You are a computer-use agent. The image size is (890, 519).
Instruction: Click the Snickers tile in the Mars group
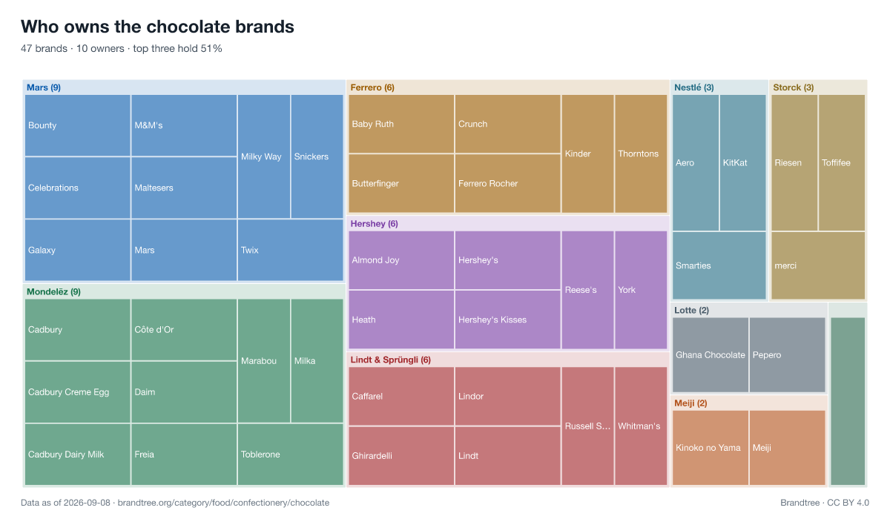[317, 156]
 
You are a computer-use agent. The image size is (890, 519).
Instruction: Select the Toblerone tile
[291, 454]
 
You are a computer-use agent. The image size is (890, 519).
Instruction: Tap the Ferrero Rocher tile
[507, 183]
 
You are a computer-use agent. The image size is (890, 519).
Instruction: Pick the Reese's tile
[587, 290]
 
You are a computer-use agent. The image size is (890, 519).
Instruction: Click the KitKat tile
[742, 163]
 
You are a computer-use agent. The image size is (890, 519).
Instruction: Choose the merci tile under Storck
[818, 265]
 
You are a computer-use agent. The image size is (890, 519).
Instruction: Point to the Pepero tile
[788, 355]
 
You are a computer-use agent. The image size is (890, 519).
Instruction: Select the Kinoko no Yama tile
[711, 448]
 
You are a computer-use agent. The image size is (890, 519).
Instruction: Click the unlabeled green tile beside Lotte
[848, 401]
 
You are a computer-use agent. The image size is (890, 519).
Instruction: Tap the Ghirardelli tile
[401, 456]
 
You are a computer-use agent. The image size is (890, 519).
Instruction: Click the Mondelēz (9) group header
[53, 292]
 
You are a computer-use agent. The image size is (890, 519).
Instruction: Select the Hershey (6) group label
[375, 224]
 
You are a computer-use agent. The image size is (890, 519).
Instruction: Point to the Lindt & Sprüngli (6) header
[391, 360]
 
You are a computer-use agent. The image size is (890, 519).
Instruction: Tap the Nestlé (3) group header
[694, 87]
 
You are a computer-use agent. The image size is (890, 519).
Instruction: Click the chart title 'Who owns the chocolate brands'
[157, 27]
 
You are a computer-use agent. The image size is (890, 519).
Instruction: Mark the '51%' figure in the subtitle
[211, 48]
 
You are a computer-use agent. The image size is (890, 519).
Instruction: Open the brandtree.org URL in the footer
[223, 503]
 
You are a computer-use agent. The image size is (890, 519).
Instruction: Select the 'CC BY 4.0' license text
[848, 503]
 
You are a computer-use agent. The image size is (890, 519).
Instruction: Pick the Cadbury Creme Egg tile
[77, 392]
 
